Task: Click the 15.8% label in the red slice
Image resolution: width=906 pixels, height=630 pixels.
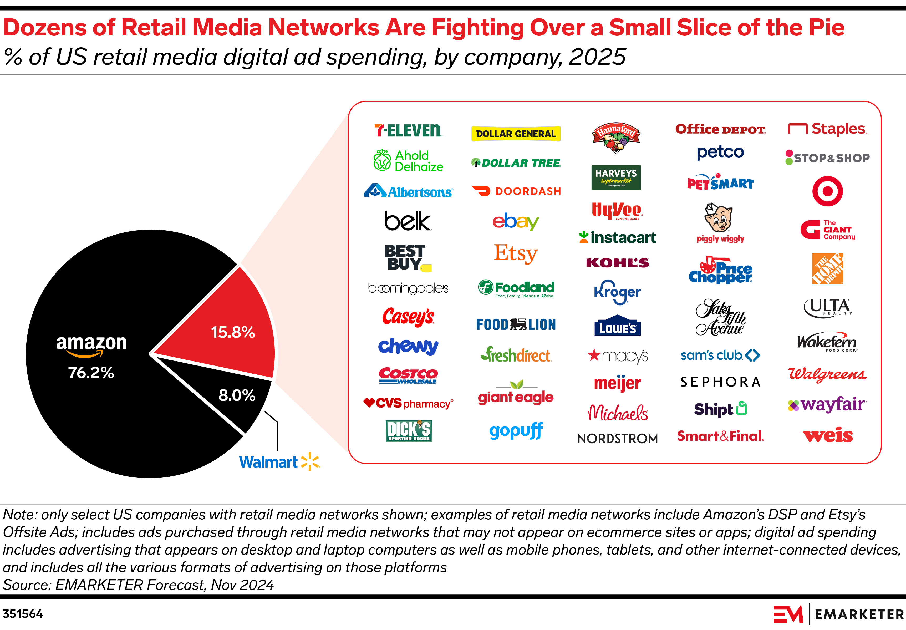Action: (233, 332)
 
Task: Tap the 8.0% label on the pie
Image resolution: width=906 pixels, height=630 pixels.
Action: (237, 395)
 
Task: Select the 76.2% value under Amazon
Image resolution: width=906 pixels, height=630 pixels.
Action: (91, 373)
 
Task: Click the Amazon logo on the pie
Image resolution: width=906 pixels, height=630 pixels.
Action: (91, 345)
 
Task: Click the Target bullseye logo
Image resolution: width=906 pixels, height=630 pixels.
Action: (827, 191)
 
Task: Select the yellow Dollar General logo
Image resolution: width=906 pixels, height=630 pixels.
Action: (516, 133)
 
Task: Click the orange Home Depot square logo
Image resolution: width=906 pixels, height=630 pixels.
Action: (827, 268)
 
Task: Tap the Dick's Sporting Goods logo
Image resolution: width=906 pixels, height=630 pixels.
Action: (408, 431)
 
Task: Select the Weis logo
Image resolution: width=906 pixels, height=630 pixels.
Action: (827, 435)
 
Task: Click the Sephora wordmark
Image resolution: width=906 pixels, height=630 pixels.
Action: (720, 382)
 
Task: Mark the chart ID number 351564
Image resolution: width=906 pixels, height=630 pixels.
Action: (23, 614)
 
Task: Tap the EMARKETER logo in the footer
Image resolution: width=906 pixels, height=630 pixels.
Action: (838, 614)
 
